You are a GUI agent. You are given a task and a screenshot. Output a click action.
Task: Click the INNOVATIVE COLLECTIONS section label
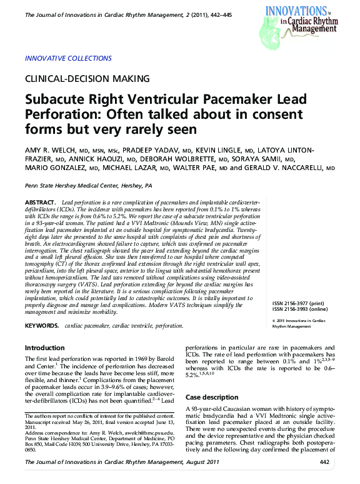(x=68, y=59)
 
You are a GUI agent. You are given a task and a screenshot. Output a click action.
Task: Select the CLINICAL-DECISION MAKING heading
(x=87, y=79)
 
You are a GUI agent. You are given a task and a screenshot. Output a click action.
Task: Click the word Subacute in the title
(x=58, y=101)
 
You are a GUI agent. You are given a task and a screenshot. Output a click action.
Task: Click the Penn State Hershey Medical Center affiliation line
(x=88, y=186)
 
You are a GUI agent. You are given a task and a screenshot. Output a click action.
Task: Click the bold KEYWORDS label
(x=42, y=326)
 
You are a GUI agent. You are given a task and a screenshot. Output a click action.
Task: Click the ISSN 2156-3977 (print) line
(x=301, y=303)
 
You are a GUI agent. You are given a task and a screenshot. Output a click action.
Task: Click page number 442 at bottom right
(x=324, y=461)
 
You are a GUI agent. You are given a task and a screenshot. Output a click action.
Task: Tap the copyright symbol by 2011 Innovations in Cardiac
(x=275, y=321)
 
